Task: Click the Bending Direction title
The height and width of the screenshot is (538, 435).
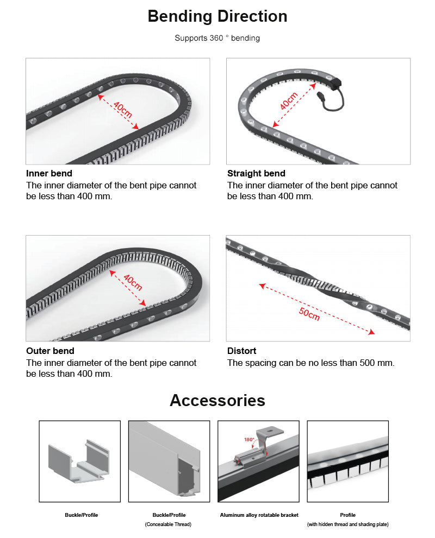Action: point(217,16)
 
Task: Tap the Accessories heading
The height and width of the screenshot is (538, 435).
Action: point(217,400)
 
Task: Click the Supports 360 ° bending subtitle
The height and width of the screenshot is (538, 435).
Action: point(217,38)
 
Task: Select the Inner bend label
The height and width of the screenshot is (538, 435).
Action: point(49,174)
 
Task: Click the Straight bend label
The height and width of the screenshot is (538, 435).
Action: point(256,174)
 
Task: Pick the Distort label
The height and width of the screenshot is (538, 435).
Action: point(241,351)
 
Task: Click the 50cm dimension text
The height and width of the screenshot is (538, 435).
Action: point(309,314)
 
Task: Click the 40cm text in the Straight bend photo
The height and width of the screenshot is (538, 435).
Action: point(288,102)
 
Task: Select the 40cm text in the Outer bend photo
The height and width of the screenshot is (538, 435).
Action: point(132,283)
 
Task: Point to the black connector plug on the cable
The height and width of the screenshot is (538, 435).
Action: point(319,97)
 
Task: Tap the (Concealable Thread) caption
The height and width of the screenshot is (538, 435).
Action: point(169,524)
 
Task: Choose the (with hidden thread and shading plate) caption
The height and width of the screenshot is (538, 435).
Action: point(348,524)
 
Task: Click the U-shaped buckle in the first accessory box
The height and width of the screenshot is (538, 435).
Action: point(79,461)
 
